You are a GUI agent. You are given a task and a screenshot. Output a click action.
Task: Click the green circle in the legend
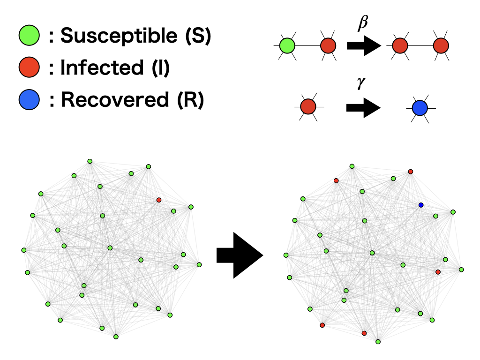click(x=29, y=35)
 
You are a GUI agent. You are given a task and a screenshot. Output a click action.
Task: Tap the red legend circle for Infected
click(x=29, y=67)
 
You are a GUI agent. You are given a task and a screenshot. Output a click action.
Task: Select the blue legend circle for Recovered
click(x=29, y=100)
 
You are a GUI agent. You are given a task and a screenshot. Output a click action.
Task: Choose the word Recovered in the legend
click(x=114, y=100)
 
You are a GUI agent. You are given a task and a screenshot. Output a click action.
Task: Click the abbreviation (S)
click(x=198, y=36)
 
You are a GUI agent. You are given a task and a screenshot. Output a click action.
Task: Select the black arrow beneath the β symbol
click(x=363, y=46)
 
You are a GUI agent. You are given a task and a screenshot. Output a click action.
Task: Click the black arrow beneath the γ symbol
click(x=363, y=107)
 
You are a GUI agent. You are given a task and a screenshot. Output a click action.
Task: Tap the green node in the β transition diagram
click(x=287, y=46)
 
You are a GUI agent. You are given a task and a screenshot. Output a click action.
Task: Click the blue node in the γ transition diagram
click(x=420, y=108)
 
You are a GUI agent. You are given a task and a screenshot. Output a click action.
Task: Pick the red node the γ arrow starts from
click(x=308, y=106)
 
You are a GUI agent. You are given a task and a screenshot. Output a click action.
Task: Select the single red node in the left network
click(x=159, y=200)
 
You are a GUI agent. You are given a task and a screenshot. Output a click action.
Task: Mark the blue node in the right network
click(x=421, y=205)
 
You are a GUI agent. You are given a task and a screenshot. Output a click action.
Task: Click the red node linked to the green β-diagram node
click(x=329, y=46)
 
